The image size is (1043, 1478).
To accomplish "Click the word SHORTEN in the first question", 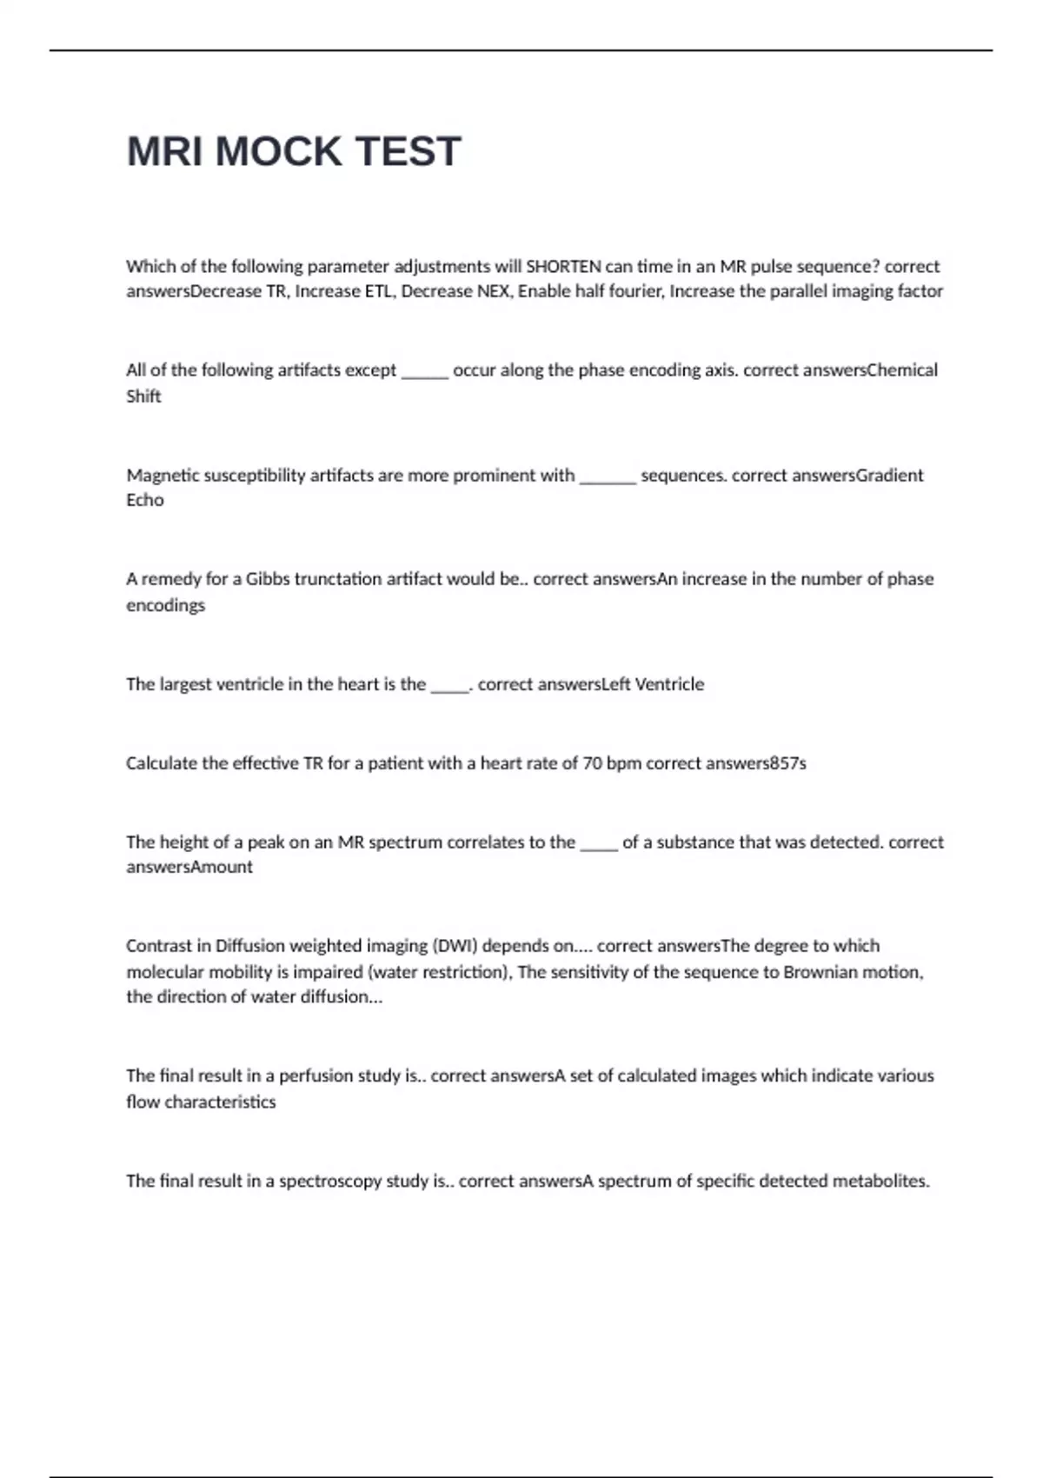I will coord(563,266).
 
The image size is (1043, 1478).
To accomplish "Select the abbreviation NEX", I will coord(493,291).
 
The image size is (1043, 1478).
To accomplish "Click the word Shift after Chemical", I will coord(143,396).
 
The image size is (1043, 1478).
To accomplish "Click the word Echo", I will coord(144,500).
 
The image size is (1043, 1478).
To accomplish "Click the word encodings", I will coord(165,605).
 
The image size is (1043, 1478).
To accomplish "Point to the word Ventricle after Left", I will coord(669,684).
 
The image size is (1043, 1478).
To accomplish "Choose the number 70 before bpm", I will coord(592,763).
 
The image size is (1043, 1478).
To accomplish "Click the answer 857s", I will coord(787,763).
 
